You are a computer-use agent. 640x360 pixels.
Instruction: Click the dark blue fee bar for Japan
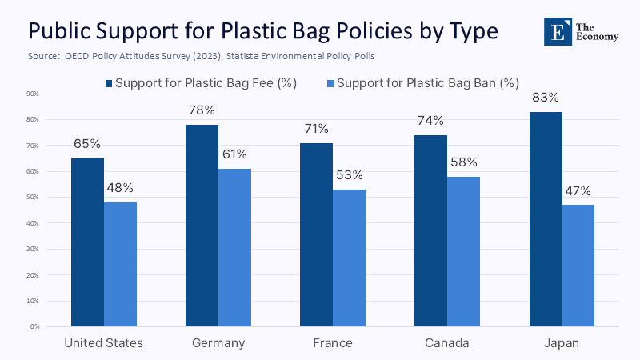[x=546, y=219]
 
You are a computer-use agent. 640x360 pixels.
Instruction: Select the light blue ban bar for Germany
[x=235, y=248]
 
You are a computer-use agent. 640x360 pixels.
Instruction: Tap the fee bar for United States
[x=88, y=242]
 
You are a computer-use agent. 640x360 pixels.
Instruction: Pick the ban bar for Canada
[x=464, y=252]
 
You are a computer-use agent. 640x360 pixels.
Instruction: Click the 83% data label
[x=546, y=98]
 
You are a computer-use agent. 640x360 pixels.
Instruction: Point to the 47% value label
[x=578, y=190]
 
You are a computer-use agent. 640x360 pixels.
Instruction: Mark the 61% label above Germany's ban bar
[x=235, y=154]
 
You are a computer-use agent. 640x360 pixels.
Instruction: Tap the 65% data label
[x=88, y=144]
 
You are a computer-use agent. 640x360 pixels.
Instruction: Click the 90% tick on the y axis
[x=33, y=94]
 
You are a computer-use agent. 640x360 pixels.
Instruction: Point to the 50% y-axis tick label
[x=33, y=198]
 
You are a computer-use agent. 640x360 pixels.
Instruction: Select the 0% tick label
[x=34, y=327]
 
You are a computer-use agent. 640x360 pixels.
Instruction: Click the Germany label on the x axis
[x=218, y=343]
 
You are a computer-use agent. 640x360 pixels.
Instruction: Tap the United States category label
[x=104, y=343]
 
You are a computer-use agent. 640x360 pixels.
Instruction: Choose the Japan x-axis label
[x=562, y=343]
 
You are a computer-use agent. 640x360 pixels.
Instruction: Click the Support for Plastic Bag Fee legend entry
[x=206, y=82]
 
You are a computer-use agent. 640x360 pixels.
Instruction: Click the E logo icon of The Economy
[x=558, y=30]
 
